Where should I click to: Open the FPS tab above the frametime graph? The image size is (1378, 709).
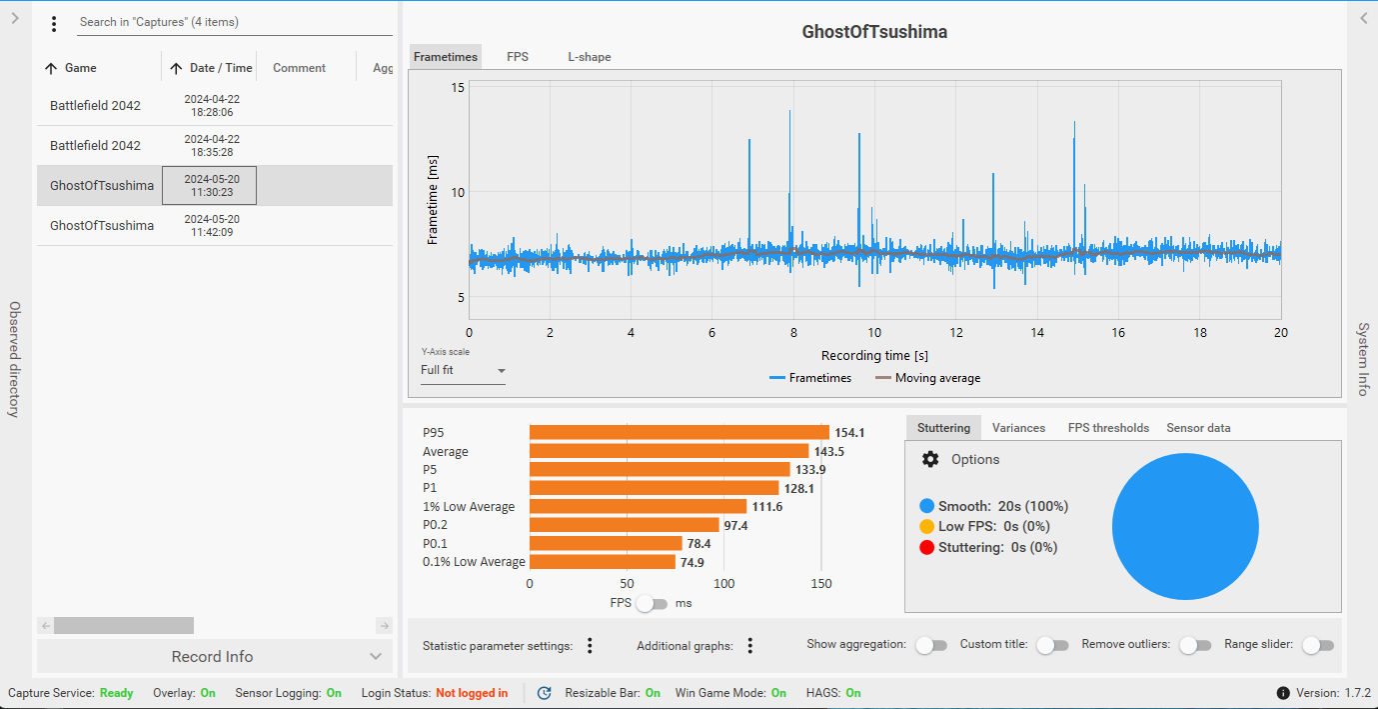518,57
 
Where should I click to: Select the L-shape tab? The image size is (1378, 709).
589,57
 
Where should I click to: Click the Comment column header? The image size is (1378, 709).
299,68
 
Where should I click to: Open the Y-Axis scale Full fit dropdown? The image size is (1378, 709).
463,370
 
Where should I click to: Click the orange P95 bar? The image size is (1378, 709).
680,433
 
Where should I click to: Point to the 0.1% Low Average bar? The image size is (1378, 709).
603,562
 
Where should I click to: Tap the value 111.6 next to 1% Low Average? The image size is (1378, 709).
767,507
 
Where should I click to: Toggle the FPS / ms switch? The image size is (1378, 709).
653,603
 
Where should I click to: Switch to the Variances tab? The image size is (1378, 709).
1018,428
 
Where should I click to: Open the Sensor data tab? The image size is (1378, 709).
1198,428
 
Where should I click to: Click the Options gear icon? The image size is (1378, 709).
930,459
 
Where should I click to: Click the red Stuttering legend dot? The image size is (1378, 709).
926,547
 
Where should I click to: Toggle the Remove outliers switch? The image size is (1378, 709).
1195,645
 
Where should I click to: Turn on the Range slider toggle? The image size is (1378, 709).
1318,645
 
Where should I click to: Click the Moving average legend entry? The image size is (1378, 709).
927,378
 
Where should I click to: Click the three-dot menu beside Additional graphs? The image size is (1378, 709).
749,646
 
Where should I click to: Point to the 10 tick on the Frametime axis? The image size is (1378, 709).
458,193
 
